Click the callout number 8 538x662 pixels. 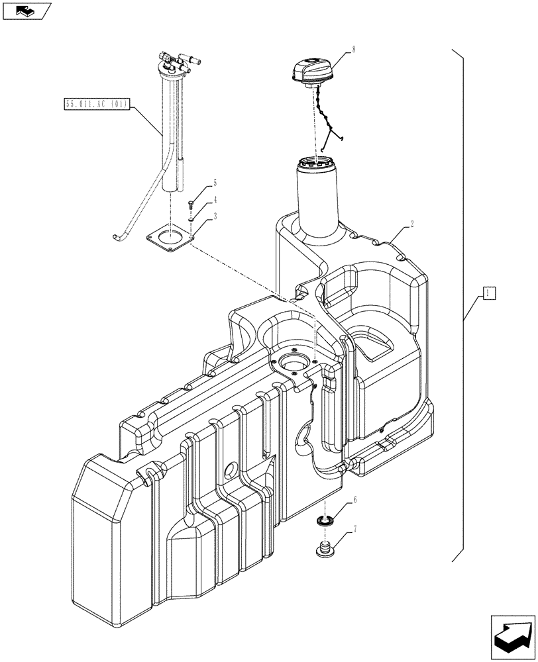click(354, 48)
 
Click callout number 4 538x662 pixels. click(215, 199)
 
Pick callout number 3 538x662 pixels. click(215, 216)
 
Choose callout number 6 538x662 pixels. click(354, 500)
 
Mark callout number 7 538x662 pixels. click(354, 529)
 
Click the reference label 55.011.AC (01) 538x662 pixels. click(97, 103)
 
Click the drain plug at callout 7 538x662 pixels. click(323, 549)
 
